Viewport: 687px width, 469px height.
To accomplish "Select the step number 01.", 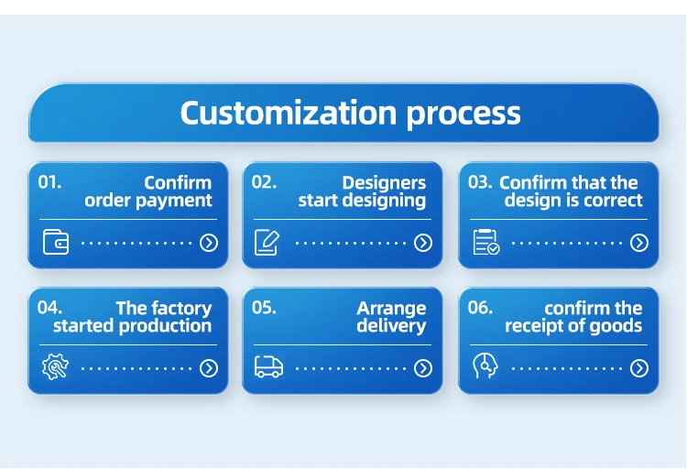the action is pyautogui.click(x=49, y=182).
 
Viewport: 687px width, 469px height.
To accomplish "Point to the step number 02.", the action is pyautogui.click(x=264, y=182).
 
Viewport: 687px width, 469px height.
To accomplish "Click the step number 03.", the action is pyautogui.click(x=480, y=182).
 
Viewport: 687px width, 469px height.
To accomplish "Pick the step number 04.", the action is pyautogui.click(x=49, y=308).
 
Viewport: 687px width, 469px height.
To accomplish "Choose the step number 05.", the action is pyautogui.click(x=264, y=308).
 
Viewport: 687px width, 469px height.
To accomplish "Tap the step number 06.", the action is pyautogui.click(x=480, y=308).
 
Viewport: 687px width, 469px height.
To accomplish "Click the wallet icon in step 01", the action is pyautogui.click(x=56, y=242).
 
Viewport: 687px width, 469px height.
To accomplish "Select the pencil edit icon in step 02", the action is pyautogui.click(x=267, y=242).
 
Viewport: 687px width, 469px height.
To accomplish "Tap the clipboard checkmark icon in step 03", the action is pyautogui.click(x=485, y=242).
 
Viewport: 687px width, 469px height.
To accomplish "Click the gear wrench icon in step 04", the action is pyautogui.click(x=55, y=367).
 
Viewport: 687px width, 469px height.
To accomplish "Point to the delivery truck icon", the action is pyautogui.click(x=268, y=367).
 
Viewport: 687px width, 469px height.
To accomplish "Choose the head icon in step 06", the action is pyautogui.click(x=484, y=367).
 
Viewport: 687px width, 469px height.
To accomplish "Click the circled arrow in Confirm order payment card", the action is pyautogui.click(x=209, y=243).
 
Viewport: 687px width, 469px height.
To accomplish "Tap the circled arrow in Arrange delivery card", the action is pyautogui.click(x=423, y=368).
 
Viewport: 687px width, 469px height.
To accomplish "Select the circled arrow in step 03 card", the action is pyautogui.click(x=639, y=243).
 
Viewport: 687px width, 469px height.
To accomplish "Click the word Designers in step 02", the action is pyautogui.click(x=384, y=183).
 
